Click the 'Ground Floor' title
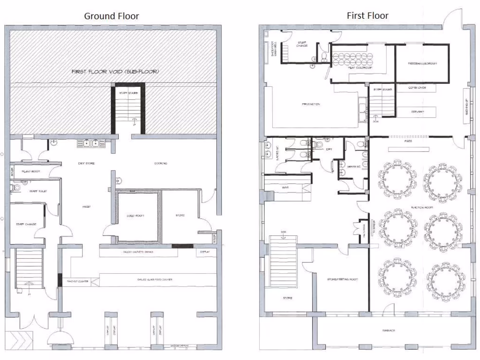(112, 16)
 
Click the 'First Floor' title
(367, 15)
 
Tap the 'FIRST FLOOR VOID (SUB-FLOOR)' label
(115, 72)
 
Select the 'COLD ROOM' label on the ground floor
(135, 216)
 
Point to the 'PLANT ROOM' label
(31, 172)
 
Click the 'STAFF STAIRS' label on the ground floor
(127, 94)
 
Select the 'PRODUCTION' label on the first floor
(311, 104)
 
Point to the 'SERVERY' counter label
(417, 112)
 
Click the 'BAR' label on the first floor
(284, 188)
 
